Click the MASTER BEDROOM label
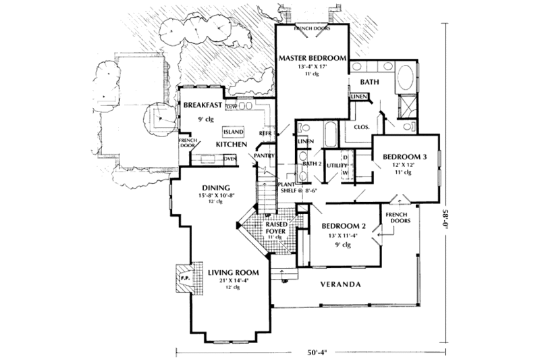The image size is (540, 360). point(311,59)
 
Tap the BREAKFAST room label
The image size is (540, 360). point(203,105)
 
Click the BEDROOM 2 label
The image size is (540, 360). point(344,226)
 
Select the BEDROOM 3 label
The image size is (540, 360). point(407,156)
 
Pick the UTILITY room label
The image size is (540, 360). point(335,164)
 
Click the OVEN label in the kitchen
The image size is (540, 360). point(229,159)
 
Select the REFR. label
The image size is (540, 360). point(265,134)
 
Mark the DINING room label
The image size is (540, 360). point(217,188)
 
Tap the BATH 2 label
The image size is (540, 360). point(310,164)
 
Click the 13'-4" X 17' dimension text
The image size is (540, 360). point(311,68)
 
